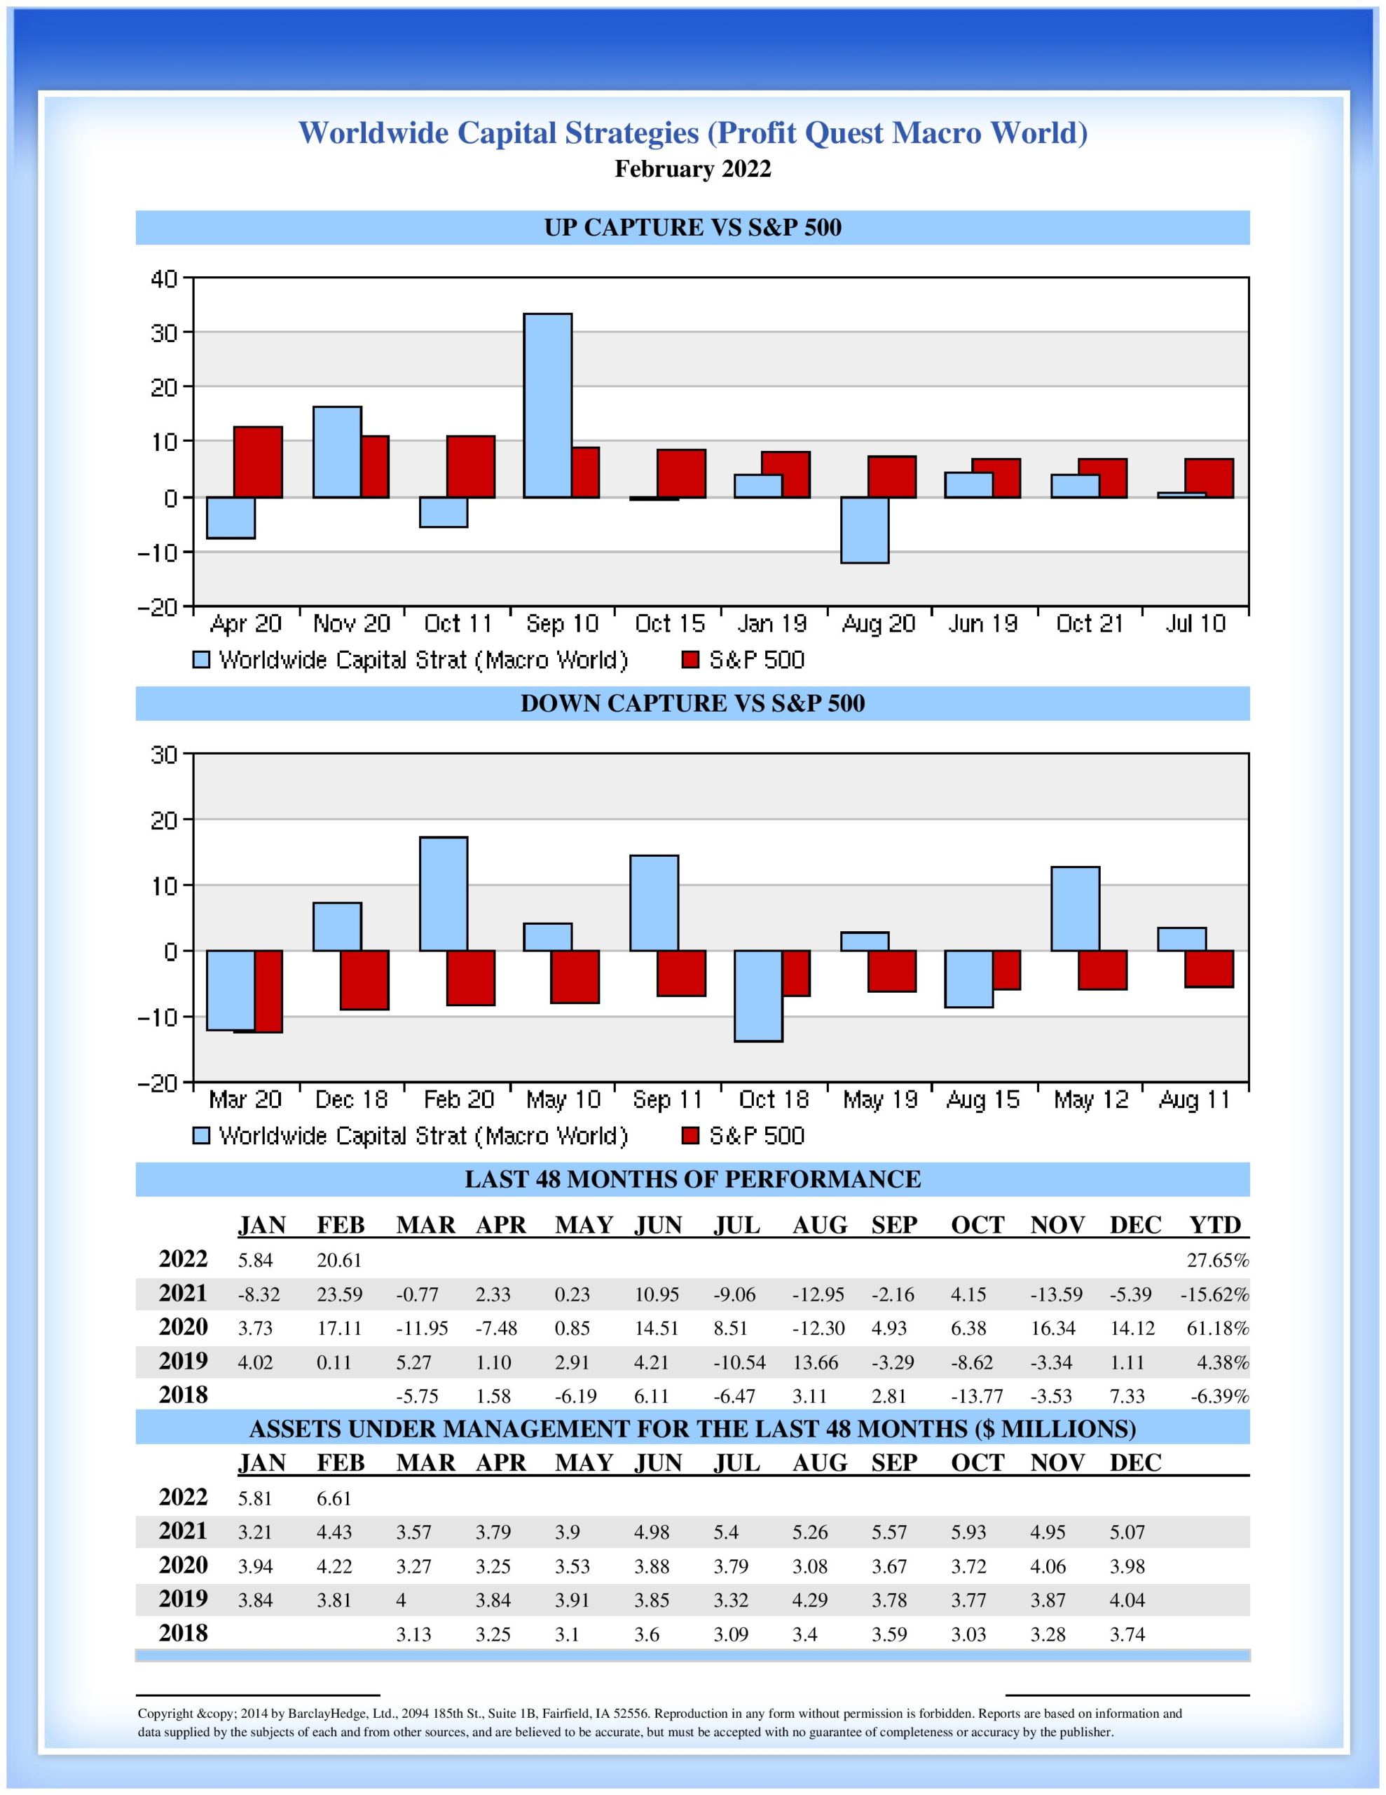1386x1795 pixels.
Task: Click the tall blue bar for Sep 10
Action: [548, 405]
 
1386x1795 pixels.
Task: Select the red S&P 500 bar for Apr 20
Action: [258, 462]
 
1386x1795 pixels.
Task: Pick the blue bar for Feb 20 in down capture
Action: [443, 893]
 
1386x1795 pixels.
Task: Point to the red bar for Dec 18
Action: [365, 980]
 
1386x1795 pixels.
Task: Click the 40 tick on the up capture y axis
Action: [164, 278]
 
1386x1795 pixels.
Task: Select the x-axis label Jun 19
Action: [982, 625]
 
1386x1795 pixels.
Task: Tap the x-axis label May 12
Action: [1091, 1099]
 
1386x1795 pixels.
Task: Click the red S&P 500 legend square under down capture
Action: [691, 1136]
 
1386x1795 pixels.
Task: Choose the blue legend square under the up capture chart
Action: [201, 660]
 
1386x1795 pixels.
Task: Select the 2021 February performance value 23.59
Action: [339, 1295]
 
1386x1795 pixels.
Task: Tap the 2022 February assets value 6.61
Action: [334, 1498]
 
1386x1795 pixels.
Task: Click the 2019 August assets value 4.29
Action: [810, 1600]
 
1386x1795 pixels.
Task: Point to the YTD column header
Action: [1215, 1226]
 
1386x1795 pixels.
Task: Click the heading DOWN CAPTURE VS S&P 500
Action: [692, 703]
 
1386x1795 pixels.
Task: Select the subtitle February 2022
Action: [692, 169]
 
